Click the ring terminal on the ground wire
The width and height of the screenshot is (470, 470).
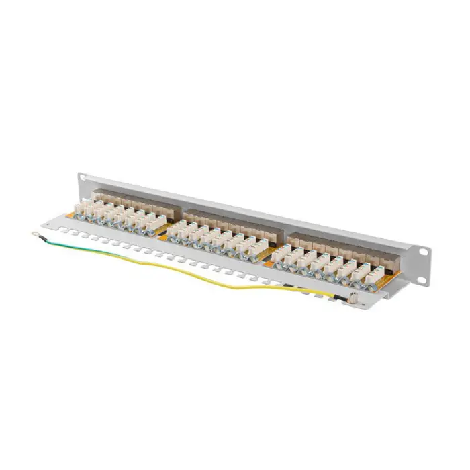click(34, 234)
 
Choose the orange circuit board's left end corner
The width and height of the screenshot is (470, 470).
click(67, 216)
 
